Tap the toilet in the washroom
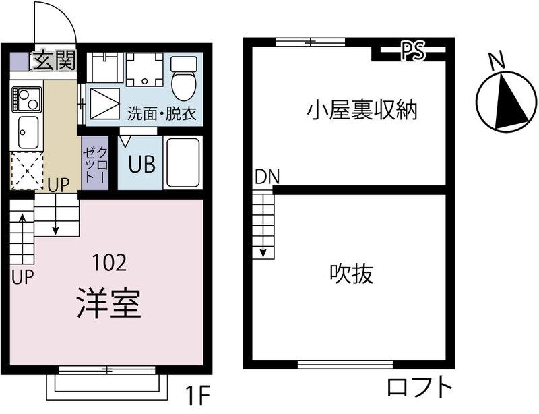coord(184,78)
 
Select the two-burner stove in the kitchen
coord(26,99)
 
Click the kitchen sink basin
coord(28,131)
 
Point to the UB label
coord(142,164)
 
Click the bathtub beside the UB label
coord(183,162)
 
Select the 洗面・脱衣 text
coord(162,113)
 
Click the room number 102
coord(110,262)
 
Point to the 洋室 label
coord(109,303)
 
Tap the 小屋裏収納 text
coord(362,110)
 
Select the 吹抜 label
coord(351,274)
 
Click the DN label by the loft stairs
coord(267,177)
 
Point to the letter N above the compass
coord(497,60)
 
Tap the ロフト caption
coord(419,388)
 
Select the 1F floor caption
coord(197,396)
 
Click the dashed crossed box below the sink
coord(27,171)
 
